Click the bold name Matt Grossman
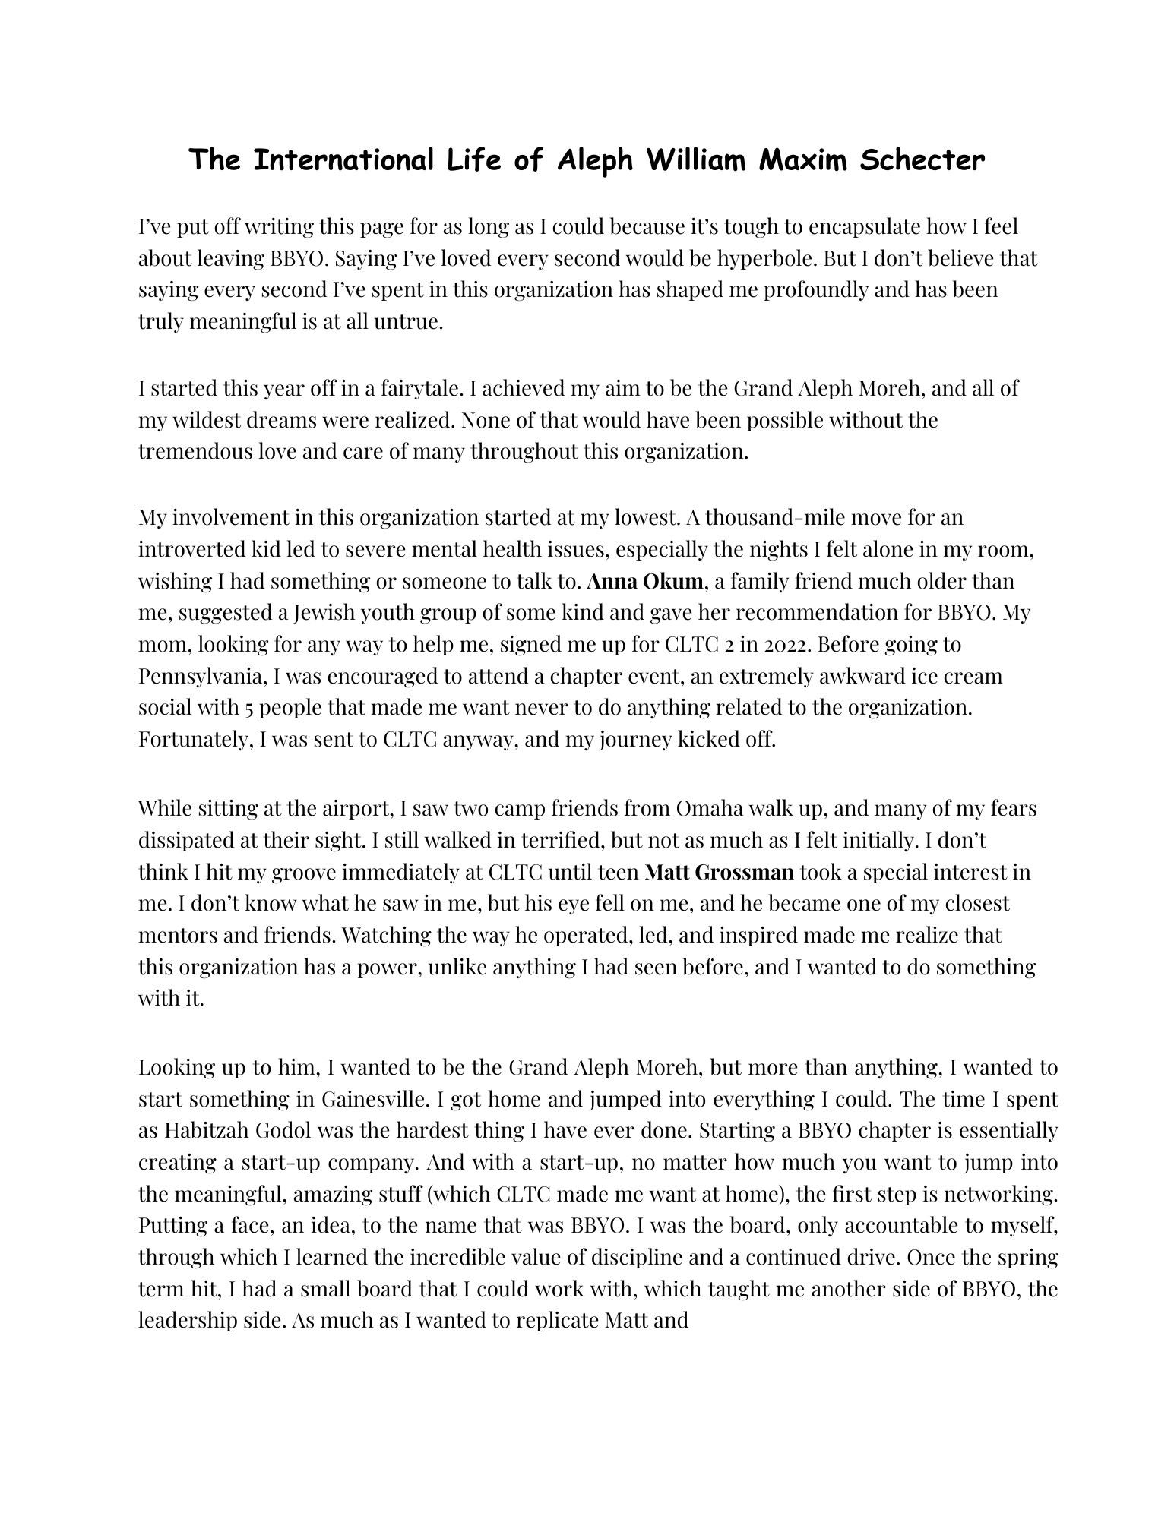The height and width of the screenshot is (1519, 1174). [x=719, y=871]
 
